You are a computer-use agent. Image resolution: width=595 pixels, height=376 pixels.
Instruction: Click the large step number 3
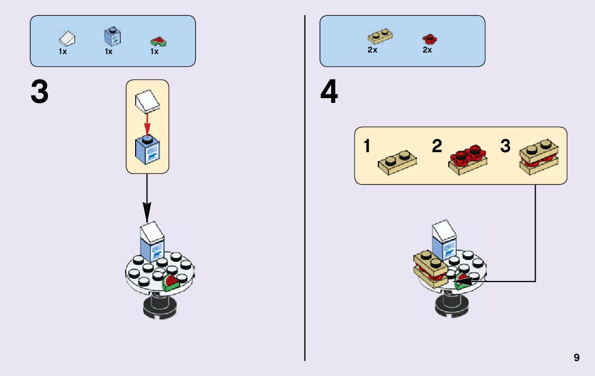click(x=40, y=92)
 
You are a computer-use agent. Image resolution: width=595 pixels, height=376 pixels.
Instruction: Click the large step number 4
click(x=329, y=93)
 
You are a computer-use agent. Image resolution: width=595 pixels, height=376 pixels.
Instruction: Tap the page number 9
click(x=576, y=358)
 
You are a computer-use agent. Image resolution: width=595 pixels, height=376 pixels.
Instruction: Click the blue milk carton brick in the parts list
click(x=112, y=37)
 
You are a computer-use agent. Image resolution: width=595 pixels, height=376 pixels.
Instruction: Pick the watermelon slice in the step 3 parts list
click(x=157, y=41)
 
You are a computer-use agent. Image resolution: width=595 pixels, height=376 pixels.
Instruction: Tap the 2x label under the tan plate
click(x=372, y=50)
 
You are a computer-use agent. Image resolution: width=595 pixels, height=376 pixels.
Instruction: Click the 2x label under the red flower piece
click(x=427, y=50)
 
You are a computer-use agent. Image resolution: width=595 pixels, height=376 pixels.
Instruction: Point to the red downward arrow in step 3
click(x=147, y=124)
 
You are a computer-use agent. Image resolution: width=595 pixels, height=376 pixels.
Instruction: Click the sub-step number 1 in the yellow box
click(x=367, y=146)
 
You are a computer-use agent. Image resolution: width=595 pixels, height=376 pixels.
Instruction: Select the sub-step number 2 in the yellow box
click(x=437, y=146)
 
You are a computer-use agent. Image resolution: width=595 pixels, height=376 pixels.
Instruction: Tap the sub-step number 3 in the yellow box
click(x=505, y=146)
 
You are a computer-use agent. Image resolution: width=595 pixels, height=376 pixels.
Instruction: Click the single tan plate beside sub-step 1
click(x=396, y=162)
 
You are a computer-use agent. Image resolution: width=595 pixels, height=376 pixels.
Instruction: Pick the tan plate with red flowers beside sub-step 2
click(x=468, y=159)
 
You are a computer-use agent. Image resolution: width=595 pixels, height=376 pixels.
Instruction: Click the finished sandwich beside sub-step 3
click(x=538, y=159)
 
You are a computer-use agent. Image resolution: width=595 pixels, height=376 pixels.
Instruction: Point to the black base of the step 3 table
click(x=159, y=308)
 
